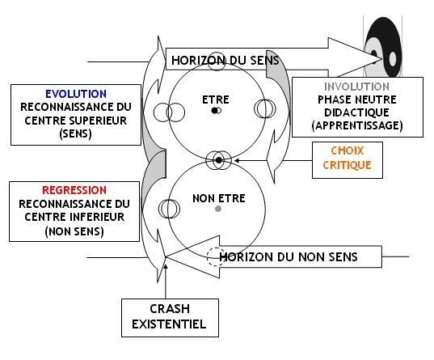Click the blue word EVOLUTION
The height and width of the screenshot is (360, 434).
click(76, 94)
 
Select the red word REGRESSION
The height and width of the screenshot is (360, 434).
click(74, 190)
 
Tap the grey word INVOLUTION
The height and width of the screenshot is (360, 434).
click(356, 87)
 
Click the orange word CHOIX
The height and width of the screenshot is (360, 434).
click(347, 150)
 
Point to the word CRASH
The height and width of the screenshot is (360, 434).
click(170, 309)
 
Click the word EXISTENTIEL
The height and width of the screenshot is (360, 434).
click(169, 324)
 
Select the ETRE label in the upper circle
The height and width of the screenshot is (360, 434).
click(216, 100)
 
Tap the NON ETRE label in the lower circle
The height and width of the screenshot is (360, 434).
click(219, 198)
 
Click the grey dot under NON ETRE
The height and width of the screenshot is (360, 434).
click(218, 209)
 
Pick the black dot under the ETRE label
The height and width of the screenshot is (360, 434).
click(214, 111)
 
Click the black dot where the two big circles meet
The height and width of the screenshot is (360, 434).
click(219, 160)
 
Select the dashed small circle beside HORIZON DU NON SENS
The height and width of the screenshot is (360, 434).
click(216, 257)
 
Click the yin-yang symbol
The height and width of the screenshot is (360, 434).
click(383, 47)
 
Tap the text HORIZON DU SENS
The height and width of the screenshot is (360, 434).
click(225, 61)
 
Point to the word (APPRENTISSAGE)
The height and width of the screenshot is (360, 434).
click(357, 125)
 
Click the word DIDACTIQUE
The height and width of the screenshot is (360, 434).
click(356, 112)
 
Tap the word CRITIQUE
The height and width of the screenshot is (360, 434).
click(347, 166)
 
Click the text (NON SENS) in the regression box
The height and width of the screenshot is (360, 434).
click(74, 231)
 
